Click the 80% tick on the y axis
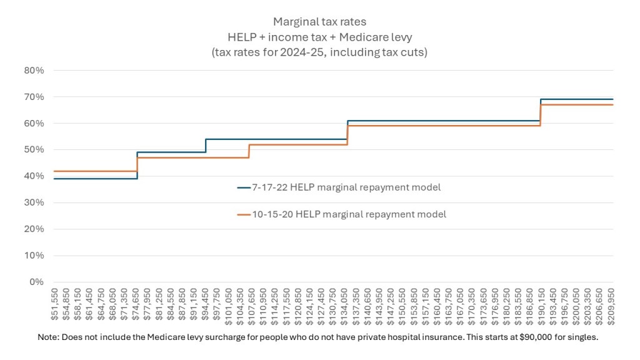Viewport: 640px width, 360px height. coord(34,71)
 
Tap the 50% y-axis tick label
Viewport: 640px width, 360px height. coord(34,150)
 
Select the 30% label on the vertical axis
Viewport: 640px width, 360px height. coord(34,202)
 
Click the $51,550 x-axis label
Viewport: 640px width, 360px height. coord(54,304)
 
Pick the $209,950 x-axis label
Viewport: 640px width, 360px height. coord(612,304)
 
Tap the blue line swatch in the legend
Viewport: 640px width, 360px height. coord(243,186)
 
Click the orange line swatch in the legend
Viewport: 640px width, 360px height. coord(243,214)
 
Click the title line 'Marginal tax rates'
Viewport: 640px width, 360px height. coord(320,22)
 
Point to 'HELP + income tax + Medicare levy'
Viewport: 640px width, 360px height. coord(320,37)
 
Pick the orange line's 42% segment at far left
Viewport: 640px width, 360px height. coord(94,171)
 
